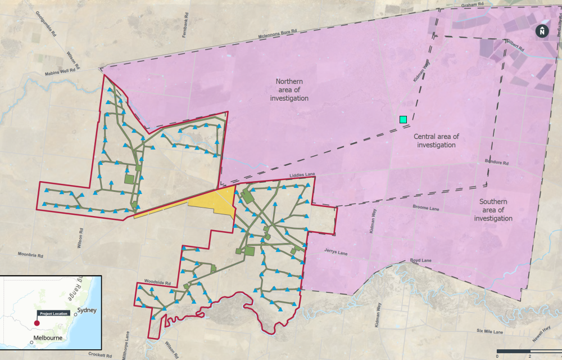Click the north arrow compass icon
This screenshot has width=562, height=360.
[541, 31]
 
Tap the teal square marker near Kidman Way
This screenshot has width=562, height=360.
[403, 119]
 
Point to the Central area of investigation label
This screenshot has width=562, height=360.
[436, 141]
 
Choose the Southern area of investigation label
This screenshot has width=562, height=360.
[493, 210]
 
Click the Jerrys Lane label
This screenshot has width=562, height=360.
[336, 253]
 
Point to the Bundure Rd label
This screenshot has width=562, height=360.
[496, 163]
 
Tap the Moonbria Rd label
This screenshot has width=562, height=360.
[30, 255]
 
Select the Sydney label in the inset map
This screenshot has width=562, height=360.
[87, 310]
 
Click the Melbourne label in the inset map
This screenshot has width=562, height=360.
[47, 338]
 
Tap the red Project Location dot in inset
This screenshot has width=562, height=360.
[37, 323]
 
